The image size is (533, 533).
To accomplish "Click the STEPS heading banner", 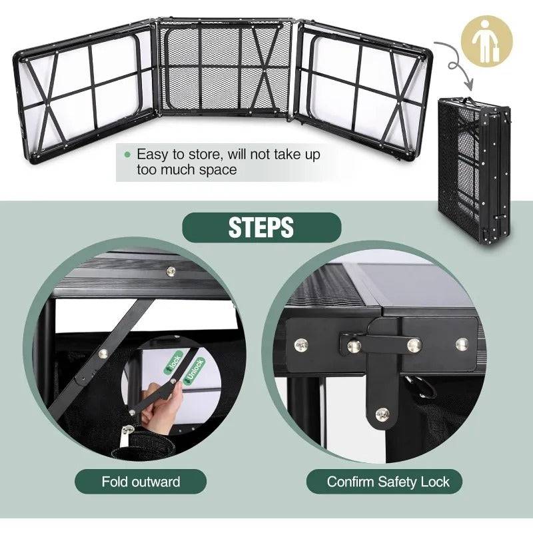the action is [262, 227].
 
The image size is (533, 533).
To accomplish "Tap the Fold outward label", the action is [141, 482].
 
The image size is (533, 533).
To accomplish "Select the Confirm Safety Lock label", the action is [384, 482].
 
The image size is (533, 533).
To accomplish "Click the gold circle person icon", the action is [487, 41].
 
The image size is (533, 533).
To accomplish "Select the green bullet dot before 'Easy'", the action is [127, 155].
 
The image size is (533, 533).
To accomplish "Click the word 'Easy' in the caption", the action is [153, 155].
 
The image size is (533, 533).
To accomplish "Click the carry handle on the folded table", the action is [468, 101].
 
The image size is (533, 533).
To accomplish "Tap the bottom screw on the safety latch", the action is [382, 414].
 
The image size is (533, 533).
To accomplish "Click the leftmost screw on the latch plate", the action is [301, 345].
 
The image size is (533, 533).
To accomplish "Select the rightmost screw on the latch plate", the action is [462, 344].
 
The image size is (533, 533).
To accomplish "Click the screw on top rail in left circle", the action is [171, 271].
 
